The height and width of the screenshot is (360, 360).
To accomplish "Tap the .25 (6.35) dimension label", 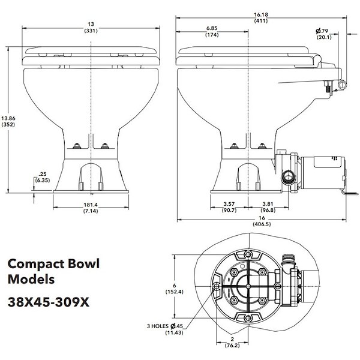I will pyautogui.click(x=43, y=178).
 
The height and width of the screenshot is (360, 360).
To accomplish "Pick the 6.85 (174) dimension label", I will pyautogui.click(x=211, y=31).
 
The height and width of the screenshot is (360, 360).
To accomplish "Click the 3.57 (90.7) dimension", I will pyautogui.click(x=227, y=206).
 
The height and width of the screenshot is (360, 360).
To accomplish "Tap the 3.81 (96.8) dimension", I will pyautogui.click(x=268, y=206).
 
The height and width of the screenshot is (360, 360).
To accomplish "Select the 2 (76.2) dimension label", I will pyautogui.click(x=232, y=344).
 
